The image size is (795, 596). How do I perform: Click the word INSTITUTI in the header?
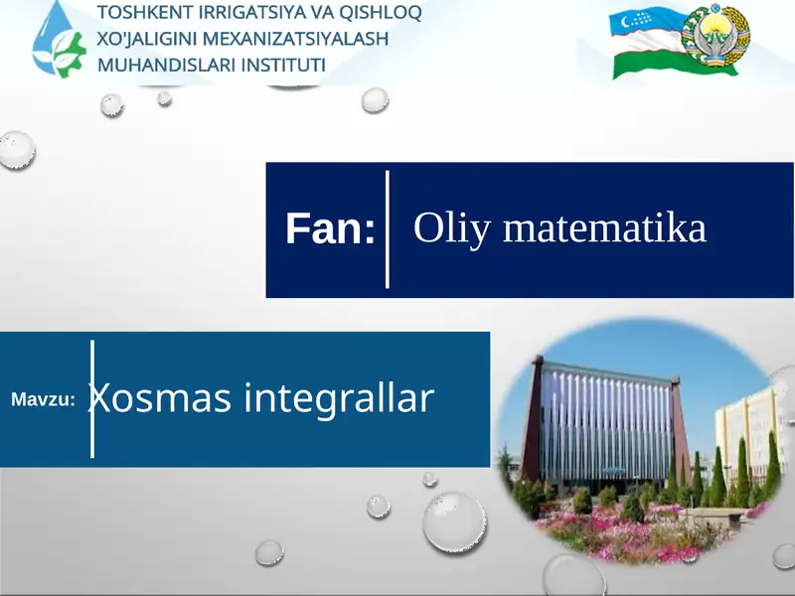(281, 66)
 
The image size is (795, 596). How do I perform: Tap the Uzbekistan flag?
(645, 45)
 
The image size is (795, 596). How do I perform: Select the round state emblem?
(719, 42)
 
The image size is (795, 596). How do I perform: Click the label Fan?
(330, 229)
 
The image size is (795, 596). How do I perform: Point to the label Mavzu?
(44, 399)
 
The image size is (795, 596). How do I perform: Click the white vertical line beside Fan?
(387, 229)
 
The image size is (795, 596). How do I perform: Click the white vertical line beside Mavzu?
(92, 398)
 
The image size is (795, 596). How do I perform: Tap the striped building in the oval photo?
(607, 427)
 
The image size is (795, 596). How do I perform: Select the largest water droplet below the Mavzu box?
(454, 521)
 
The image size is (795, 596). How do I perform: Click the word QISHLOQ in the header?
(379, 14)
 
